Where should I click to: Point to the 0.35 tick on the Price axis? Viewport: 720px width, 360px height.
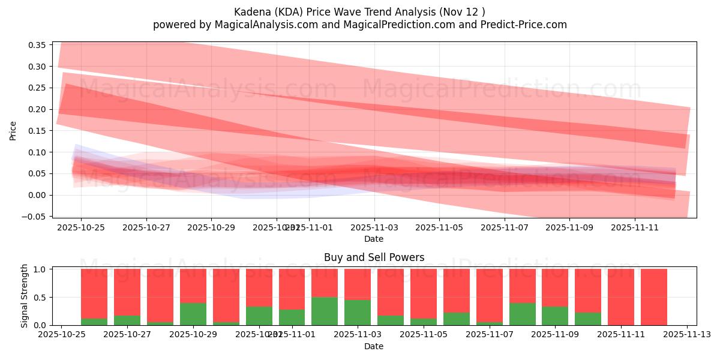37,45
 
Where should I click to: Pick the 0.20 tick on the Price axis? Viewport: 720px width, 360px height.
37,109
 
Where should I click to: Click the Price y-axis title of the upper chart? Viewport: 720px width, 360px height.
13,130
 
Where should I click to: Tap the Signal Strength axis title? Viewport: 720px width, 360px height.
25,296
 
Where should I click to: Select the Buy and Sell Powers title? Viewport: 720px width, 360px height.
374,257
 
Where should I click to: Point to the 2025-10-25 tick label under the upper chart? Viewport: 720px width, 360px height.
81,228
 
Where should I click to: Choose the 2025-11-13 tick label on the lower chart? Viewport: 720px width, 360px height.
686,334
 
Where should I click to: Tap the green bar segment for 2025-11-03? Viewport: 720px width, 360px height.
358,312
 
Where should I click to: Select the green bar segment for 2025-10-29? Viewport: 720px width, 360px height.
193,314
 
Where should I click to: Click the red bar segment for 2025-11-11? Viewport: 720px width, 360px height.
621,296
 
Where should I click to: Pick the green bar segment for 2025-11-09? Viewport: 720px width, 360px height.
555,316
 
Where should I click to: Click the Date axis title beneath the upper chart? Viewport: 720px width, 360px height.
374,239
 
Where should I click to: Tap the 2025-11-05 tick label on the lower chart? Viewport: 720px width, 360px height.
424,334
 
